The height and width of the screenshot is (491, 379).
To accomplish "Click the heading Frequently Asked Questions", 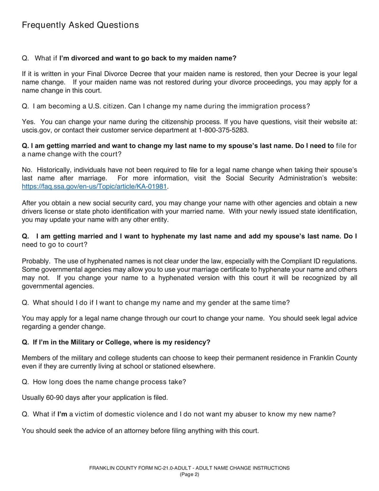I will [x=81, y=25].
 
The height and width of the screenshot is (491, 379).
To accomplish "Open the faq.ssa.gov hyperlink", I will [x=95, y=186].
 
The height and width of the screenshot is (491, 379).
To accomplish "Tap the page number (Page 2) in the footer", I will [x=189, y=474].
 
